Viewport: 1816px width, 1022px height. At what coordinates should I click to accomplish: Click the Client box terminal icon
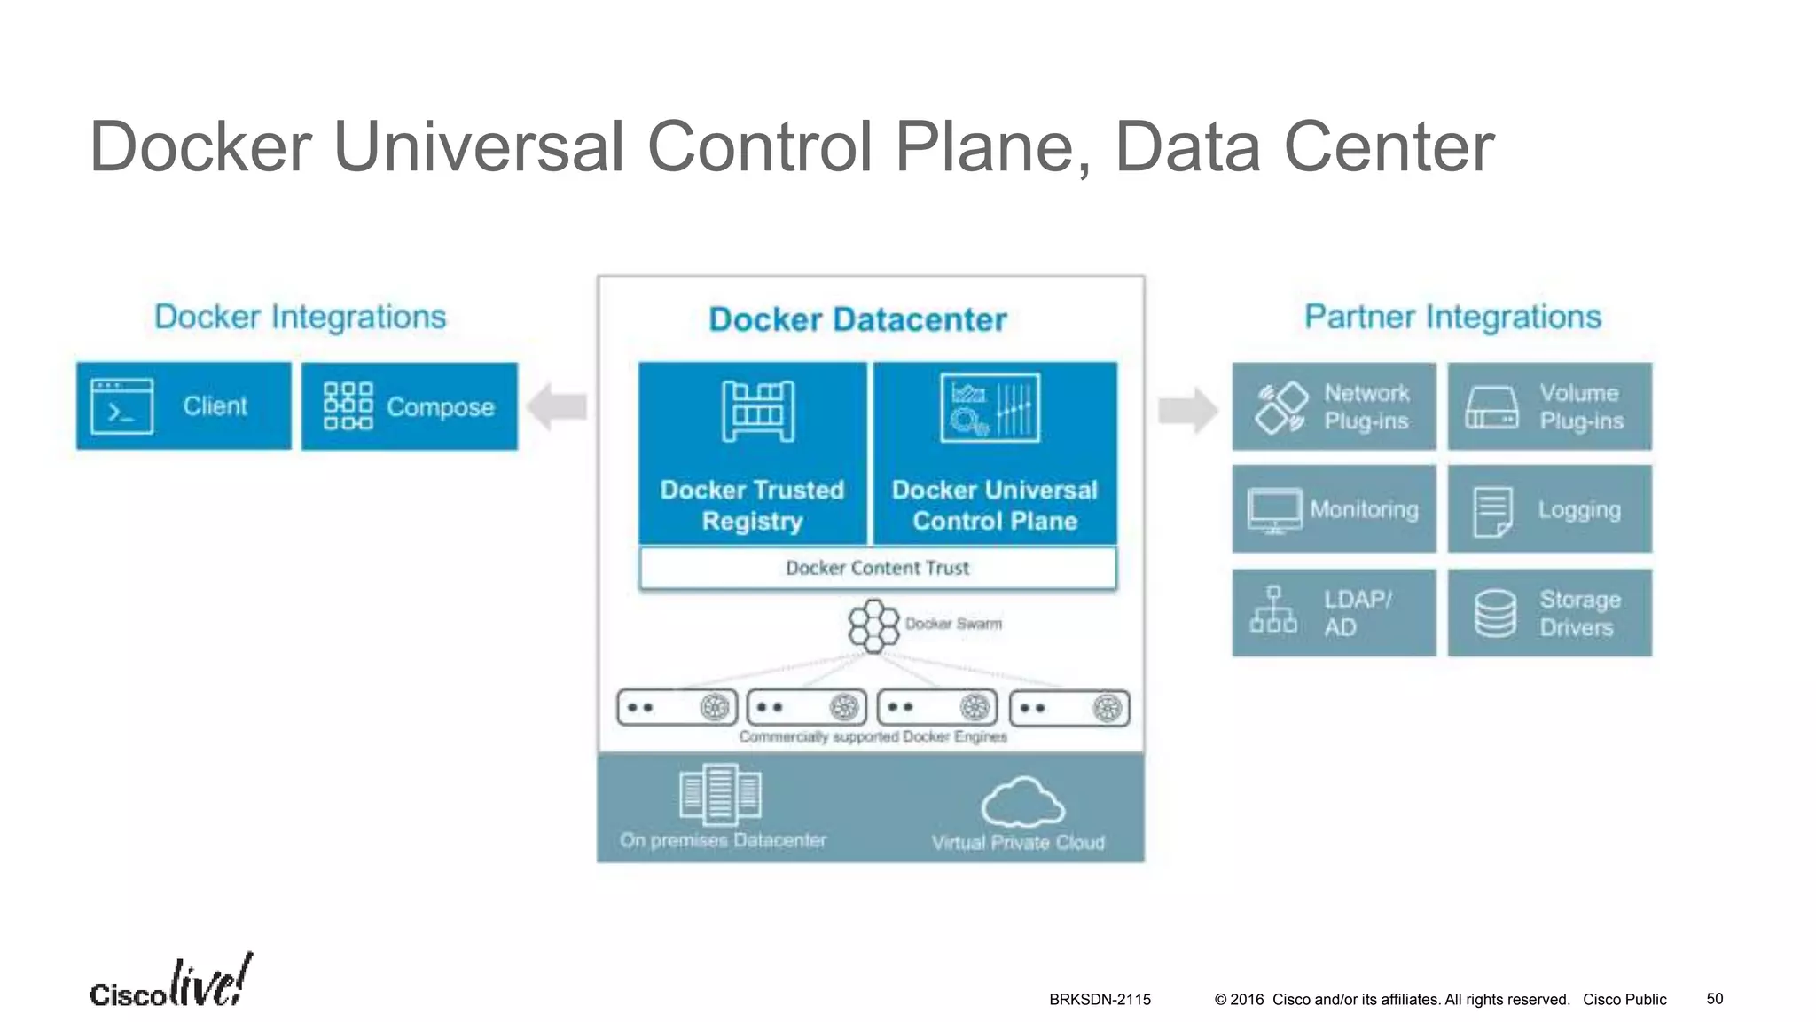pyautogui.click(x=121, y=406)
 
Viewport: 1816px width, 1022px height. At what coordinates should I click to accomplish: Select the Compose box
pyautogui.click(x=409, y=406)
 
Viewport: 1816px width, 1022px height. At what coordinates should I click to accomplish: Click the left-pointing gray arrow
pyautogui.click(x=557, y=406)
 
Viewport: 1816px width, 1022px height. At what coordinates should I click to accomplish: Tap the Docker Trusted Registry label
pyautogui.click(x=752, y=506)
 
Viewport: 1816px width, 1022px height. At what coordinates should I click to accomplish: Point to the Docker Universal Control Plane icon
pyautogui.click(x=990, y=408)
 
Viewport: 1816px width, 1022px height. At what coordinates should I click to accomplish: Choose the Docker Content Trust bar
pyautogui.click(x=877, y=568)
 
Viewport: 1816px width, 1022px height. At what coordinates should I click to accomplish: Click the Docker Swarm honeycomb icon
pyautogui.click(x=873, y=625)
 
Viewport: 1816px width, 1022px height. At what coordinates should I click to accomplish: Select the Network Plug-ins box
pyautogui.click(x=1334, y=406)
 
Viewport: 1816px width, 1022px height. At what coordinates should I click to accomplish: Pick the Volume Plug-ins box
pyautogui.click(x=1549, y=406)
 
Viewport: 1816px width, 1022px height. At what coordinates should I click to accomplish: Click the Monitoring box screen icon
pyautogui.click(x=1274, y=510)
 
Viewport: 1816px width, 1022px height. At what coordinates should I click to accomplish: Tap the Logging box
pyautogui.click(x=1549, y=509)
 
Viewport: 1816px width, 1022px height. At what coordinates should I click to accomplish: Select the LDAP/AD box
pyautogui.click(x=1334, y=612)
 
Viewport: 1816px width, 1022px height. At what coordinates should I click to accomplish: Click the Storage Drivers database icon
pyautogui.click(x=1495, y=613)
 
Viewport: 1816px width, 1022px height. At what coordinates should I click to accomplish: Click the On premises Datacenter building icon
pyautogui.click(x=720, y=794)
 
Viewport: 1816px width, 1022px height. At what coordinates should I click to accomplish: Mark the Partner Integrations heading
pyautogui.click(x=1452, y=317)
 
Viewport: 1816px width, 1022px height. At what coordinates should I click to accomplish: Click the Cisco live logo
pyautogui.click(x=170, y=983)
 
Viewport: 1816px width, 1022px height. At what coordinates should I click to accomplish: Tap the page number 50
pyautogui.click(x=1714, y=999)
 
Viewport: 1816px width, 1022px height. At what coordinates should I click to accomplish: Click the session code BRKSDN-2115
pyautogui.click(x=1100, y=1000)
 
